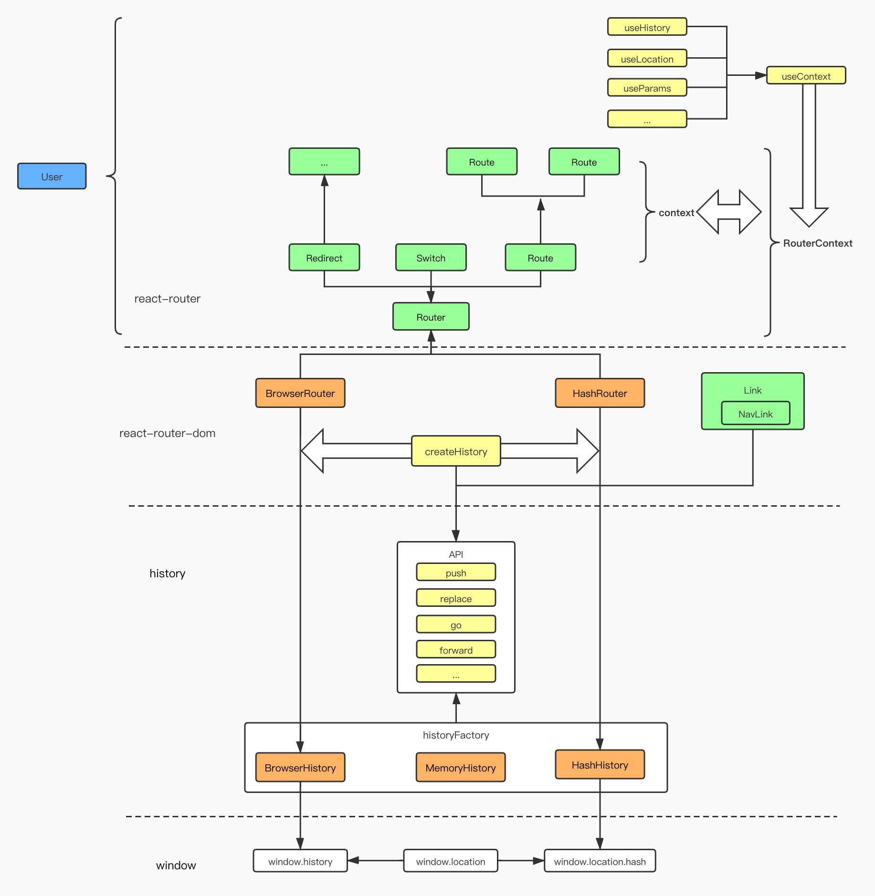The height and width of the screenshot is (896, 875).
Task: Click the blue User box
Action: pyautogui.click(x=52, y=176)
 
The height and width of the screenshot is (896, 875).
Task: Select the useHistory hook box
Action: pyautogui.click(x=646, y=27)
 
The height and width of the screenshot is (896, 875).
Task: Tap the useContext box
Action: pyautogui.click(x=805, y=76)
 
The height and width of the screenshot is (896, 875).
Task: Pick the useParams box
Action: pyautogui.click(x=646, y=88)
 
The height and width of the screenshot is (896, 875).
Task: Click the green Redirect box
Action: pyautogui.click(x=324, y=258)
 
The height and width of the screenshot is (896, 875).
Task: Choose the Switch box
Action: pyautogui.click(x=431, y=258)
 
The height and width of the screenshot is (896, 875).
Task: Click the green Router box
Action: pyautogui.click(x=431, y=317)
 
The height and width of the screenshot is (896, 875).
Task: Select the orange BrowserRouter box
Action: pyautogui.click(x=300, y=393)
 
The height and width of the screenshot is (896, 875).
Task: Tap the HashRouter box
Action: pyautogui.click(x=600, y=393)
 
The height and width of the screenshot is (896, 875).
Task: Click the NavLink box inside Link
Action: pyautogui.click(x=755, y=414)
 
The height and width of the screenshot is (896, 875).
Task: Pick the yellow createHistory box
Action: pyautogui.click(x=455, y=451)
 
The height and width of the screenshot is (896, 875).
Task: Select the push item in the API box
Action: pyautogui.click(x=455, y=573)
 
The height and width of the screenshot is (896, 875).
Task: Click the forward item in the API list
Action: pyautogui.click(x=455, y=650)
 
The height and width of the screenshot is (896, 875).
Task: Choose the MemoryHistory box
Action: pyautogui.click(x=460, y=768)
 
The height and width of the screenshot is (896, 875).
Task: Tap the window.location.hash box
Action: pyautogui.click(x=600, y=861)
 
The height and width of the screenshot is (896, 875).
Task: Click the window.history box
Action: pyautogui.click(x=300, y=861)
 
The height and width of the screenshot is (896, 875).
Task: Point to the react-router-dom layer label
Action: pyautogui.click(x=167, y=433)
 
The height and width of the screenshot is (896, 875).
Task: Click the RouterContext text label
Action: pyautogui.click(x=817, y=243)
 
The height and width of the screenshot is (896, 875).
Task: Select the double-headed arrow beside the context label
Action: pyautogui.click(x=728, y=212)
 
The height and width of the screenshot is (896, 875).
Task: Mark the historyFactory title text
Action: pyautogui.click(x=455, y=735)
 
